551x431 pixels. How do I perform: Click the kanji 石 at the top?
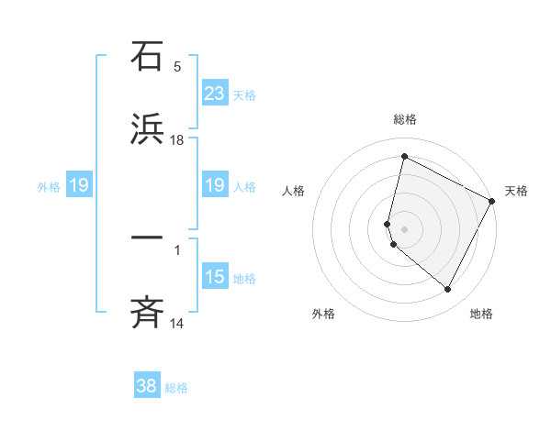(x=148, y=57)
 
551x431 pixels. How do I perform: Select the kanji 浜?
(x=148, y=129)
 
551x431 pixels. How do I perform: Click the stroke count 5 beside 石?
(x=177, y=67)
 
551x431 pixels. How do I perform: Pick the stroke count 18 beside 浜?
(x=177, y=139)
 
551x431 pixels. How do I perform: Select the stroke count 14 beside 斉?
(x=177, y=323)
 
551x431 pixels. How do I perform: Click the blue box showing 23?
(x=215, y=93)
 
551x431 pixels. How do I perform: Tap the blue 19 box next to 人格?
(x=215, y=185)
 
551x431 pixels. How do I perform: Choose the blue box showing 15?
(x=215, y=276)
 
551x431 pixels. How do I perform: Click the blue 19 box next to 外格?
(x=79, y=185)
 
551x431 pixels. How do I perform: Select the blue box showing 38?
(x=147, y=386)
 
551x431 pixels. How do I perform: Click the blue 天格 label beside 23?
(x=244, y=94)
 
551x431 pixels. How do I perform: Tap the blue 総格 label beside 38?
(x=176, y=388)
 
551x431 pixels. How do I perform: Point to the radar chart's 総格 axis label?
(x=405, y=119)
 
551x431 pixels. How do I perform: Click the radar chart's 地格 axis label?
(x=481, y=314)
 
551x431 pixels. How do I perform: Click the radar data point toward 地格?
(x=448, y=290)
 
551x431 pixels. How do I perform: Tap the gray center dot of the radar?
(x=404, y=227)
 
